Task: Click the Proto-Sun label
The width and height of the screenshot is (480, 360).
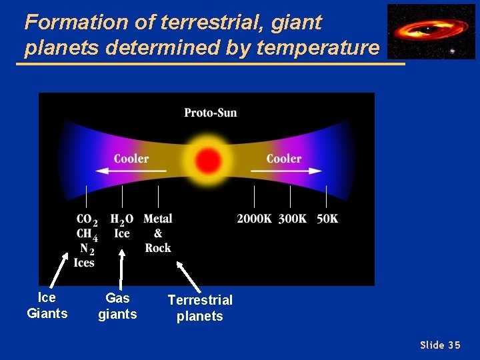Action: [210, 113]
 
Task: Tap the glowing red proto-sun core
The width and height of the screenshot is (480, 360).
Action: [209, 160]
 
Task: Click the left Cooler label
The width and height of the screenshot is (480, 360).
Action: [131, 159]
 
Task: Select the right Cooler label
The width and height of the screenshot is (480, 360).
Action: [284, 159]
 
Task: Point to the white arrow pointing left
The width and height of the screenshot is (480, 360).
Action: [130, 171]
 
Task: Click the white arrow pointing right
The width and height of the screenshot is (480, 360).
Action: [286, 171]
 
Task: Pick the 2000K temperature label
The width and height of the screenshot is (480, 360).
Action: [254, 219]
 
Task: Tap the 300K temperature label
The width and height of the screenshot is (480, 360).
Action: [291, 219]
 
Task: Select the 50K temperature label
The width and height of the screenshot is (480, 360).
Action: [327, 219]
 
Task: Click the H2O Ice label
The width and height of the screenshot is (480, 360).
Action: [122, 226]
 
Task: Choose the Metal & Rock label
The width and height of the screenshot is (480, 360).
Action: [158, 233]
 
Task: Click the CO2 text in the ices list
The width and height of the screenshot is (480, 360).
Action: [87, 220]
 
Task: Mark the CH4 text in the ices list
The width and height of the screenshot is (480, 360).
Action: [87, 234]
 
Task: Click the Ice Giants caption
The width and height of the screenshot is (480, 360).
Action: [47, 305]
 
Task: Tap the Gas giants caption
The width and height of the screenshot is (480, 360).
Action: [117, 306]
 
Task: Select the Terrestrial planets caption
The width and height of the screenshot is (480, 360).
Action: [200, 308]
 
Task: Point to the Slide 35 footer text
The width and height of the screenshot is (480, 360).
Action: [440, 345]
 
